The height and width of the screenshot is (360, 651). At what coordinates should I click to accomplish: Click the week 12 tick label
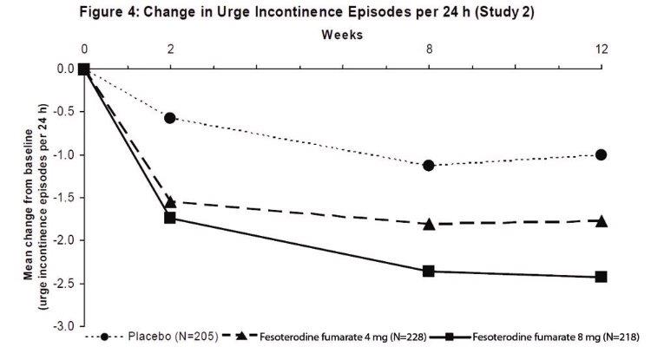click(x=602, y=49)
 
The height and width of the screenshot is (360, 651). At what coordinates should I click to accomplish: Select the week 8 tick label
click(x=429, y=49)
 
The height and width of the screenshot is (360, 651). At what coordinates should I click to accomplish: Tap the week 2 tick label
click(x=170, y=49)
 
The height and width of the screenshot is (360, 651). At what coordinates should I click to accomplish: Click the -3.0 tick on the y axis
click(x=64, y=326)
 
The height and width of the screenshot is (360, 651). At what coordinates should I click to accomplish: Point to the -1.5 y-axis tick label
click(x=64, y=198)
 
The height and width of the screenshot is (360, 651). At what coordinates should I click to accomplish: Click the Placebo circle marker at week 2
click(x=170, y=118)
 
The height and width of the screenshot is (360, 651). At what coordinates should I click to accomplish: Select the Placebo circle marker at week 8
click(x=429, y=165)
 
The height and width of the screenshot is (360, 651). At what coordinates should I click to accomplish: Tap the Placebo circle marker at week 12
click(x=602, y=154)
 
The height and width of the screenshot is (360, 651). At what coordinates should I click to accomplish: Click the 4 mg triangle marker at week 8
click(x=429, y=223)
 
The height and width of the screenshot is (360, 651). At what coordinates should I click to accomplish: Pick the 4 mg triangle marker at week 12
click(x=602, y=220)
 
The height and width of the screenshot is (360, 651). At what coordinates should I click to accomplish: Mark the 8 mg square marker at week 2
click(x=170, y=218)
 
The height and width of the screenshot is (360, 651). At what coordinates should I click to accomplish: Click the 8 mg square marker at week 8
click(x=429, y=271)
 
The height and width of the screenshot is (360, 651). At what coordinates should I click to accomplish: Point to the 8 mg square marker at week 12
click(x=602, y=277)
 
